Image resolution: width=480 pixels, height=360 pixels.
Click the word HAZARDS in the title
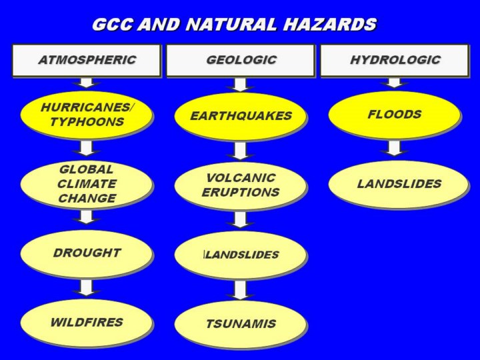pyautogui.click(x=330, y=24)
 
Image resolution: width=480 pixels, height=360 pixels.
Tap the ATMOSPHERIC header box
pyautogui.click(x=86, y=60)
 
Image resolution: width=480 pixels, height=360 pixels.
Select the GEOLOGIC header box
pyautogui.click(x=240, y=60)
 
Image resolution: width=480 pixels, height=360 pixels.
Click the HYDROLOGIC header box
pyautogui.click(x=395, y=60)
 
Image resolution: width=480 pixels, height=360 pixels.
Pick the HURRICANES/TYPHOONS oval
pyautogui.click(x=86, y=115)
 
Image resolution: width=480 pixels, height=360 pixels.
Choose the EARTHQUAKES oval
pyautogui.click(x=240, y=116)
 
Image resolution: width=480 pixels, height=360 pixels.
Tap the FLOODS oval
pyautogui.click(x=395, y=115)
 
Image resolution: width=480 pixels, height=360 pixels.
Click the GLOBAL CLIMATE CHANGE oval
pyautogui.click(x=86, y=185)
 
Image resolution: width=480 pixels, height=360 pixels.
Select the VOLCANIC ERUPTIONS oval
pyautogui.click(x=240, y=186)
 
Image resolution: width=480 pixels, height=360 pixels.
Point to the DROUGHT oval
pyautogui.click(x=86, y=254)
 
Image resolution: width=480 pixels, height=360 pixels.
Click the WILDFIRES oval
pyautogui.click(x=86, y=323)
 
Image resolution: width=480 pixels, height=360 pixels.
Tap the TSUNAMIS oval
pyautogui.click(x=240, y=324)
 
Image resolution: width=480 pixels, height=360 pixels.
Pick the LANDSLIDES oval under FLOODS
pyautogui.click(x=398, y=185)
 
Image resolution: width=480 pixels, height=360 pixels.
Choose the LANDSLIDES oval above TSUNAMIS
pyautogui.click(x=240, y=255)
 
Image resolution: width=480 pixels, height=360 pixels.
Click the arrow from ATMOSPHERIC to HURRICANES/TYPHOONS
pyautogui.click(x=86, y=83)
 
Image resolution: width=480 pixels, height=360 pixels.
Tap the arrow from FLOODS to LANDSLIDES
pyautogui.click(x=394, y=148)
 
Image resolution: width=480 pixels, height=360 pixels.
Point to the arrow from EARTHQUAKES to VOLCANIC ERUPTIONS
pyautogui.click(x=240, y=151)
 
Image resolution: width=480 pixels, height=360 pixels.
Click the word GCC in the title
pyautogui.click(x=113, y=24)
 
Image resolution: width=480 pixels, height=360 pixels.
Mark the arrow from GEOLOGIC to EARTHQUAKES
pyautogui.click(x=240, y=85)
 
